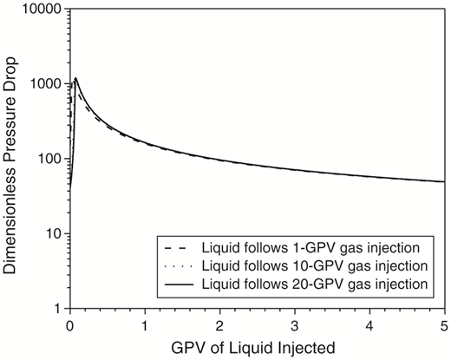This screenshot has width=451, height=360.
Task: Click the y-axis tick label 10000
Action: (x=41, y=10)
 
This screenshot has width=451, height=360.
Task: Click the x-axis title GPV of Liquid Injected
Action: (x=257, y=348)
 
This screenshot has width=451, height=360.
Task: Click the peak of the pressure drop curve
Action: (x=76, y=79)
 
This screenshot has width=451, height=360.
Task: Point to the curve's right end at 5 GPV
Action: (x=445, y=181)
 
